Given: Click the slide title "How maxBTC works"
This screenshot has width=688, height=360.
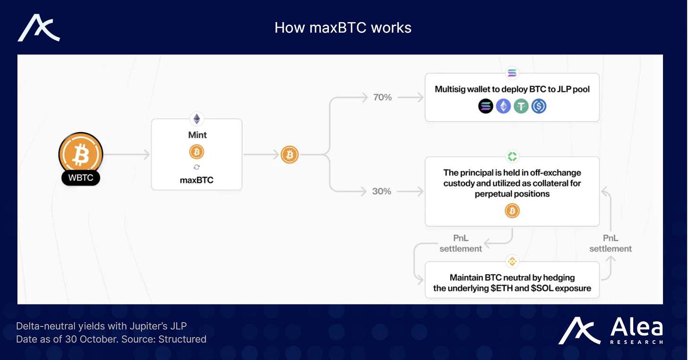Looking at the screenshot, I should pyautogui.click(x=343, y=28).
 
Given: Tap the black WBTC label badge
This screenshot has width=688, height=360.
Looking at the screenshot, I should pyautogui.click(x=80, y=178).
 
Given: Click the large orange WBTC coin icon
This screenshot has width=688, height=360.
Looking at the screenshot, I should pyautogui.click(x=80, y=153).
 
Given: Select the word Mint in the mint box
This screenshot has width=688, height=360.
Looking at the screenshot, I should pyautogui.click(x=197, y=135).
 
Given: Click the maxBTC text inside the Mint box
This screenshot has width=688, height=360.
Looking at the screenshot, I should pyautogui.click(x=197, y=180).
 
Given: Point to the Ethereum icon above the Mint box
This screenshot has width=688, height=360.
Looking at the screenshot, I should pyautogui.click(x=197, y=119).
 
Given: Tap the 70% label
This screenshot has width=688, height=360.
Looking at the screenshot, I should pyautogui.click(x=382, y=97).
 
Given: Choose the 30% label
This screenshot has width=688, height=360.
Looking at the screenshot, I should pyautogui.click(x=382, y=191).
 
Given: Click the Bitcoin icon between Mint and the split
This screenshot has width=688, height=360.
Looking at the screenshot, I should pyautogui.click(x=290, y=154).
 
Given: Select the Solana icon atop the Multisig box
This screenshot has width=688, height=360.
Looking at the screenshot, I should pyautogui.click(x=512, y=73).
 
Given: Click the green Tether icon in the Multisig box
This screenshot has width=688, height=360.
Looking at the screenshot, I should pyautogui.click(x=521, y=106).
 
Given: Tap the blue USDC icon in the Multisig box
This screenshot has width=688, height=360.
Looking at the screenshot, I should pyautogui.click(x=539, y=106).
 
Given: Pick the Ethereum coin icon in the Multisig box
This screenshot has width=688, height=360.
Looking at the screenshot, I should pyautogui.click(x=503, y=106).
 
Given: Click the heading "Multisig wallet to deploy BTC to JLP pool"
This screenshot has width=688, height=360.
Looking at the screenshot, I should pyautogui.click(x=512, y=89).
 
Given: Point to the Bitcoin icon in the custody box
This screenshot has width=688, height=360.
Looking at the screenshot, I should pyautogui.click(x=512, y=211).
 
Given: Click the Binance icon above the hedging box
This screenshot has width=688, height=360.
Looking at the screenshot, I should pyautogui.click(x=512, y=261).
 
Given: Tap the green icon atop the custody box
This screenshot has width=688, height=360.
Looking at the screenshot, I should pyautogui.click(x=512, y=156).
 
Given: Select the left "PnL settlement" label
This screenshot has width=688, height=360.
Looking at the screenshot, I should pyautogui.click(x=461, y=243).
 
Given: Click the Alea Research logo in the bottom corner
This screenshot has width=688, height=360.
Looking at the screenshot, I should pyautogui.click(x=611, y=331).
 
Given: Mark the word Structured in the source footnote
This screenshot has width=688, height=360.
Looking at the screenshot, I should pyautogui.click(x=182, y=339).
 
